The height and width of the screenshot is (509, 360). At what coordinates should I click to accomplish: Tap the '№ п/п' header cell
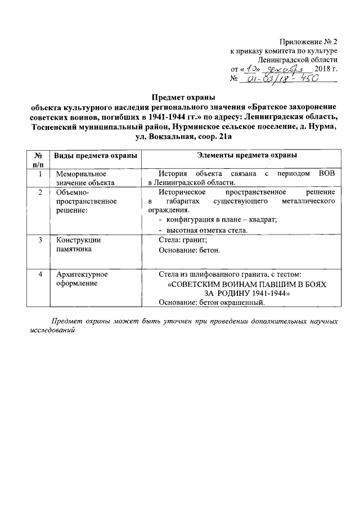[x=39, y=159]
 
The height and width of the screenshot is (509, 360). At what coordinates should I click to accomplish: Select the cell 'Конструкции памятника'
[x=78, y=244]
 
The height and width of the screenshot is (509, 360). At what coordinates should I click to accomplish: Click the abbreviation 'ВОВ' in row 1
[x=326, y=173]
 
